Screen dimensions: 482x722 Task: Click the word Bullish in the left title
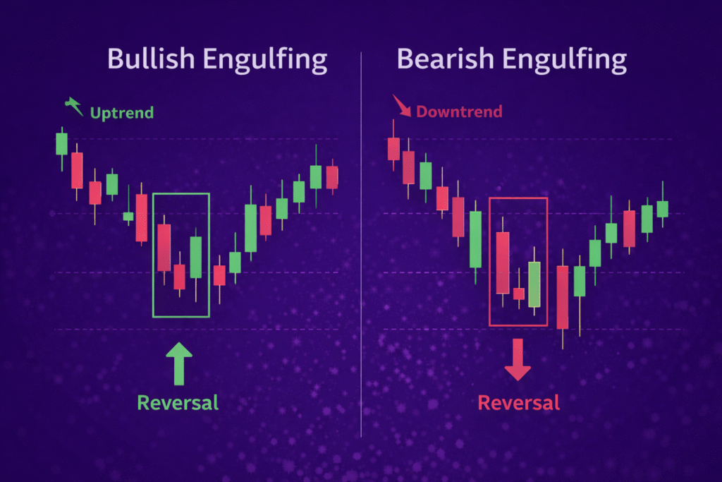point(150,60)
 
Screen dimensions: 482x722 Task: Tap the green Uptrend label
point(121,112)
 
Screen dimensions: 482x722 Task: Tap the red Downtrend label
point(459,112)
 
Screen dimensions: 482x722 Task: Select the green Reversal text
point(178,402)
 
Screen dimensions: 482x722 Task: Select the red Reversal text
point(518,402)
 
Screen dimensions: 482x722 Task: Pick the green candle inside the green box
point(196,257)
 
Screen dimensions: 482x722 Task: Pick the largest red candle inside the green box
point(164,247)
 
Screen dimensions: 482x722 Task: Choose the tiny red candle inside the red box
point(519,294)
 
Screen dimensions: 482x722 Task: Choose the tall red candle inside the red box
point(503,263)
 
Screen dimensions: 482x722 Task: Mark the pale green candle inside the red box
point(534,284)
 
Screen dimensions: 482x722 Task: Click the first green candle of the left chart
point(61,143)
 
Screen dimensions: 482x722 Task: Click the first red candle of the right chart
point(393,149)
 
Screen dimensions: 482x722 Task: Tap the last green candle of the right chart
point(662,209)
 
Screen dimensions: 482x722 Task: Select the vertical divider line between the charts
point(361,240)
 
